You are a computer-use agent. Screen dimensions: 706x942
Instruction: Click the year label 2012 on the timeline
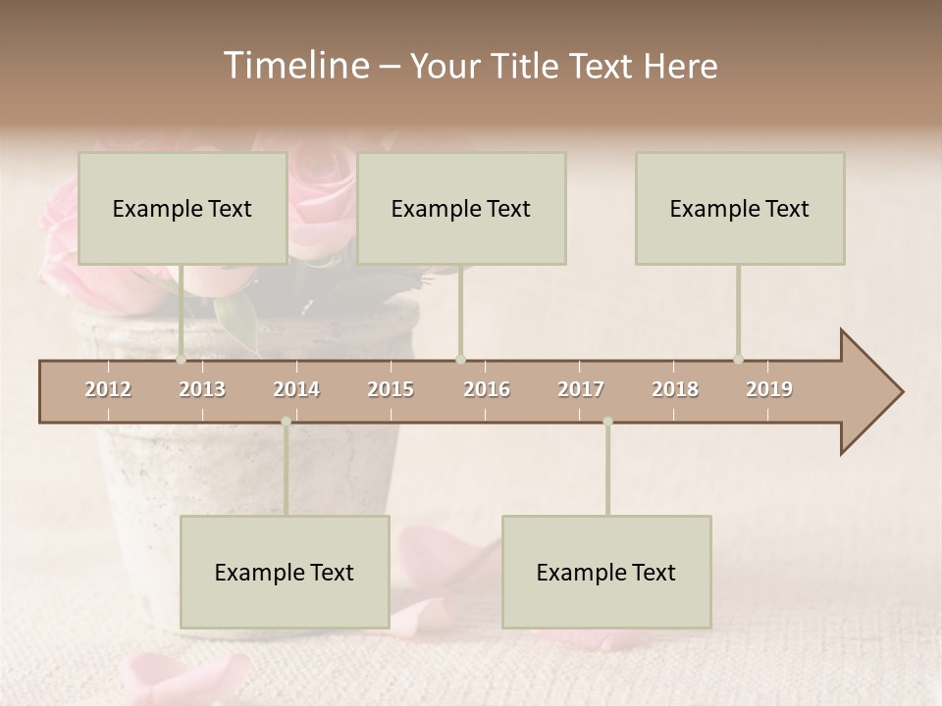click(108, 389)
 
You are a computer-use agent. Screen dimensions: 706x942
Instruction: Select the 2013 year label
click(202, 389)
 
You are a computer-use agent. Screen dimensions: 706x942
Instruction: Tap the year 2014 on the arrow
click(296, 389)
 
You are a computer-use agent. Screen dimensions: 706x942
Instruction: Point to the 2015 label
click(391, 389)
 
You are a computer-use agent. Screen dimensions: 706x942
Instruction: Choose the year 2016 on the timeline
click(487, 389)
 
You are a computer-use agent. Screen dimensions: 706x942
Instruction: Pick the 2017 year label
click(581, 389)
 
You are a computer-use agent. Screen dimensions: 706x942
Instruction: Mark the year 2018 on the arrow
click(675, 389)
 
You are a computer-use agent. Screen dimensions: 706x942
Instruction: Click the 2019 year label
click(769, 389)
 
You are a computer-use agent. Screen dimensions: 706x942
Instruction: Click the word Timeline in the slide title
click(295, 66)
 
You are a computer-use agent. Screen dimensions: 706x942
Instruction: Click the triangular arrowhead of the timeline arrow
click(871, 392)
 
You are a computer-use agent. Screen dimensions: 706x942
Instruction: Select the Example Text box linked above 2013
click(183, 208)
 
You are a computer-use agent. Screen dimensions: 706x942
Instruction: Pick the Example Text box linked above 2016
click(461, 208)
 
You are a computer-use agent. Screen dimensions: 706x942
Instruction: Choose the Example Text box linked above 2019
click(740, 208)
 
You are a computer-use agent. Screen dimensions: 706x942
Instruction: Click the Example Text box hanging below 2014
click(285, 572)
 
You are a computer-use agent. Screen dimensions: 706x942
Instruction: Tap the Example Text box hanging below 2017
click(606, 572)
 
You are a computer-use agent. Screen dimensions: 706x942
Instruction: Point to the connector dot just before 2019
click(739, 359)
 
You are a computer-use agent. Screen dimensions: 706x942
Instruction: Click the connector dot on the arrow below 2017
click(607, 422)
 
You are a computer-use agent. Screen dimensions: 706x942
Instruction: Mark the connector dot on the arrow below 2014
click(286, 422)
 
